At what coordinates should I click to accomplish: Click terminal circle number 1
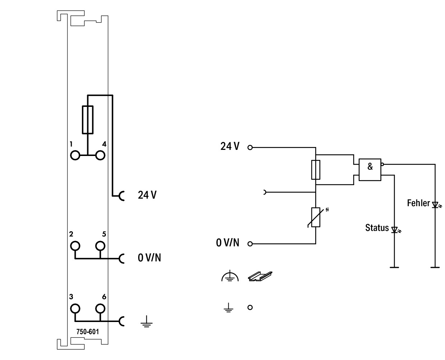point(75,155)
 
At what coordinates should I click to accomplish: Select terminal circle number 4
point(100,155)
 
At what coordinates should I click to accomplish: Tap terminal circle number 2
point(75,246)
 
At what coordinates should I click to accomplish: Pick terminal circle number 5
point(100,246)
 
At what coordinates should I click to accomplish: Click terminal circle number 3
point(75,308)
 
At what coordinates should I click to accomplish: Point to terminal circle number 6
point(100,308)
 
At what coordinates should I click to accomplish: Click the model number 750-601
point(88,332)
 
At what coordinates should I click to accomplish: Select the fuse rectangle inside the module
point(88,120)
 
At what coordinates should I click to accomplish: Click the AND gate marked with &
point(370,170)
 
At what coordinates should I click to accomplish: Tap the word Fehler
point(418,203)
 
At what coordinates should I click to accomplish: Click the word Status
point(377,228)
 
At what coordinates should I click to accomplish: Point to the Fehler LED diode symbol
point(435,205)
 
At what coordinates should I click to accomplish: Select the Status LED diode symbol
point(395,229)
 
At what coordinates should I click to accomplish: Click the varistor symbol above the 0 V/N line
point(315,217)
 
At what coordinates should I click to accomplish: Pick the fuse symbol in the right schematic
point(315,170)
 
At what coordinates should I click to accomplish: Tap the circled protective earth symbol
point(230,276)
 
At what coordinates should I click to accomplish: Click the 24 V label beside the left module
point(147,195)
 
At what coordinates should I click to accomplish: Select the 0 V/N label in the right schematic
point(228,243)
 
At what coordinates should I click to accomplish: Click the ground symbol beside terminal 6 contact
point(146,323)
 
